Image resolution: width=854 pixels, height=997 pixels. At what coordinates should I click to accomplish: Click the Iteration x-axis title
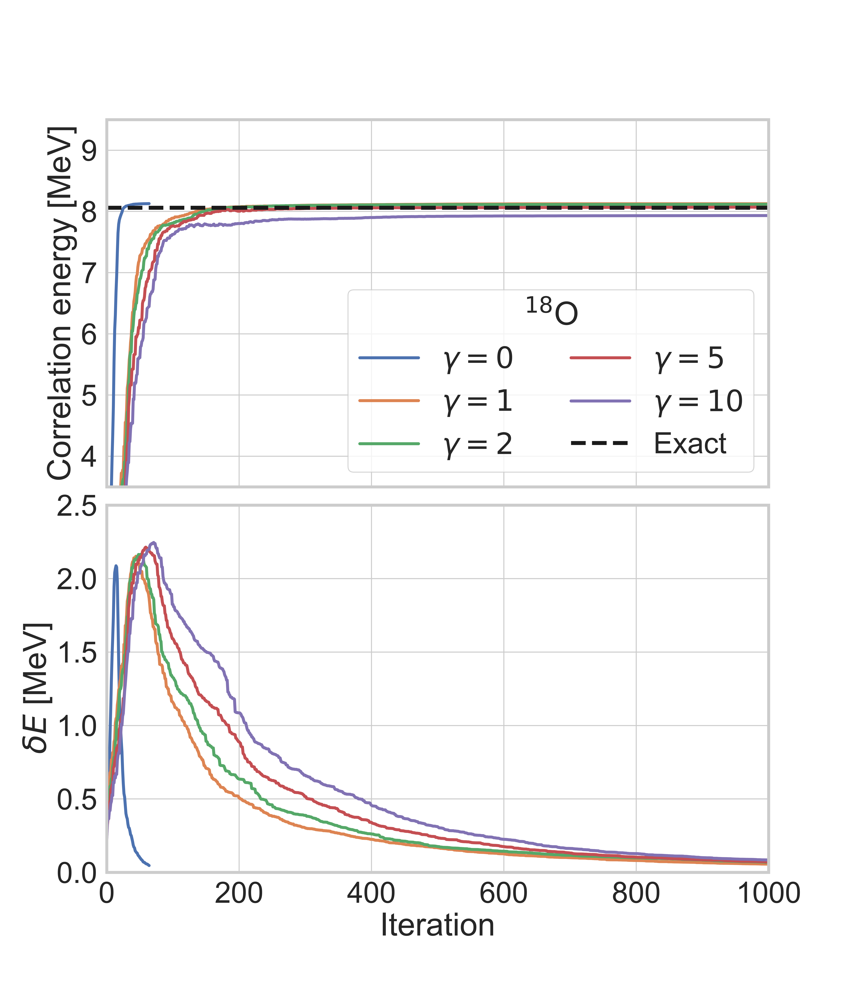(437, 925)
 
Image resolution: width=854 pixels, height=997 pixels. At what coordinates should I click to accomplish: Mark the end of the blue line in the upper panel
(150, 204)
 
